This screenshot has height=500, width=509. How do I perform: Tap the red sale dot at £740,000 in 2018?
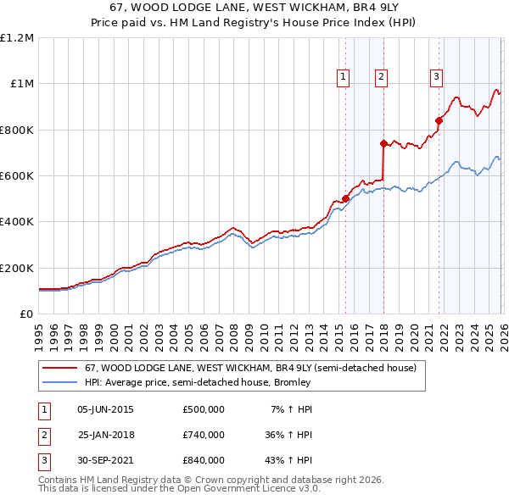click(x=383, y=143)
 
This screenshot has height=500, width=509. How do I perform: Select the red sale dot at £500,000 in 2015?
click(x=345, y=198)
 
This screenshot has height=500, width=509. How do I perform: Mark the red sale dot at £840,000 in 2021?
click(x=439, y=120)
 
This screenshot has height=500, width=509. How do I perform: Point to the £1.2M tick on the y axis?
click(x=17, y=38)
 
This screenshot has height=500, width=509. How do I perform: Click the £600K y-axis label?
click(x=17, y=176)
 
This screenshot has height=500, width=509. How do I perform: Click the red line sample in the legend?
click(x=59, y=369)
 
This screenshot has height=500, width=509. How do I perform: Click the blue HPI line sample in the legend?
click(x=59, y=382)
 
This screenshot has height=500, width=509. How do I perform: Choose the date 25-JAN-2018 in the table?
click(x=105, y=435)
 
